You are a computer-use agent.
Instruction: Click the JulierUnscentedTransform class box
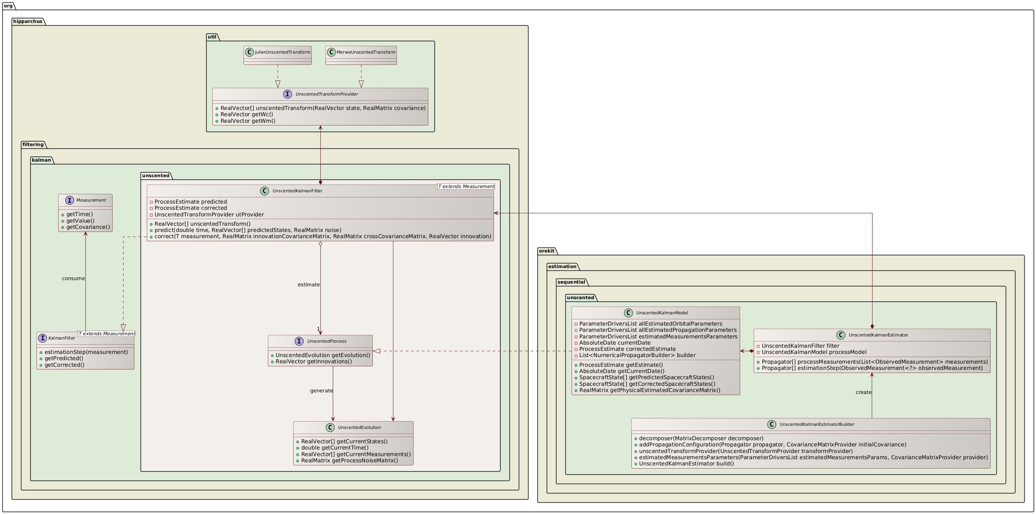click(x=278, y=56)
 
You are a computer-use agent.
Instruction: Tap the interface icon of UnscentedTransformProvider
click(x=287, y=94)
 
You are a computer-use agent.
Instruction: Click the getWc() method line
click(x=247, y=114)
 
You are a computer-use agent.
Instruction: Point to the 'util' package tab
click(x=212, y=37)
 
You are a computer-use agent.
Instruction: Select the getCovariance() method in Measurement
click(x=88, y=227)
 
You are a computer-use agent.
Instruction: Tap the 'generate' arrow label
click(x=322, y=391)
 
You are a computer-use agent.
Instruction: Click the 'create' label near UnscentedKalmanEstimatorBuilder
click(x=864, y=392)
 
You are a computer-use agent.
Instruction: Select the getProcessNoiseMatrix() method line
click(x=349, y=460)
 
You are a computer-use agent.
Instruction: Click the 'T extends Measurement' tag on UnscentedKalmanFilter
click(x=466, y=186)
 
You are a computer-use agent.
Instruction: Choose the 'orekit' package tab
click(x=547, y=251)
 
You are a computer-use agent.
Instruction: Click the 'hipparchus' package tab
click(x=27, y=21)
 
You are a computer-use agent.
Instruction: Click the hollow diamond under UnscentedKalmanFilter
click(x=320, y=244)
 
